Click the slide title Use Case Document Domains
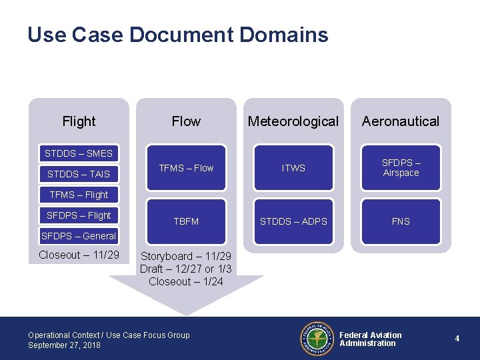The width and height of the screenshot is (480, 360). tap(177, 35)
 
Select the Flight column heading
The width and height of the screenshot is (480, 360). tap(79, 121)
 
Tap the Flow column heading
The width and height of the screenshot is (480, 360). tap(186, 121)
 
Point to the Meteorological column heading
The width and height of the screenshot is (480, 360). tap(293, 121)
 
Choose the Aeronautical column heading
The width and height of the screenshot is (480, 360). tap(401, 121)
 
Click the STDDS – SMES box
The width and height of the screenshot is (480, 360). tap(79, 153)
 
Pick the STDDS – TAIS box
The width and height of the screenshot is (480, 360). tap(79, 174)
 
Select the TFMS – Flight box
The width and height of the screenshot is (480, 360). tap(79, 195)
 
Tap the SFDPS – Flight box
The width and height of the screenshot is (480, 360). tap(79, 215)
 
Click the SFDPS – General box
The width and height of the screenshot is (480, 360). tap(79, 235)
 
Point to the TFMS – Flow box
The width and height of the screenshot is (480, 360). tap(186, 168)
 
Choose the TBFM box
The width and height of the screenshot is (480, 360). tap(186, 221)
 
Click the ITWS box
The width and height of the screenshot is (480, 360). tap(293, 168)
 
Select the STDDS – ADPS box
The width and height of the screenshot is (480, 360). tap(293, 221)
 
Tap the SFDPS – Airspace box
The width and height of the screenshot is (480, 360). tap(401, 168)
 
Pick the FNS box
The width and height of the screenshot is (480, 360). tap(401, 221)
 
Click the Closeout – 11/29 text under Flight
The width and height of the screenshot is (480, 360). tap(79, 255)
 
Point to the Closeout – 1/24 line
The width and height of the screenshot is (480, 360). tap(186, 281)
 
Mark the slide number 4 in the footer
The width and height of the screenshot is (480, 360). tap(457, 339)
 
